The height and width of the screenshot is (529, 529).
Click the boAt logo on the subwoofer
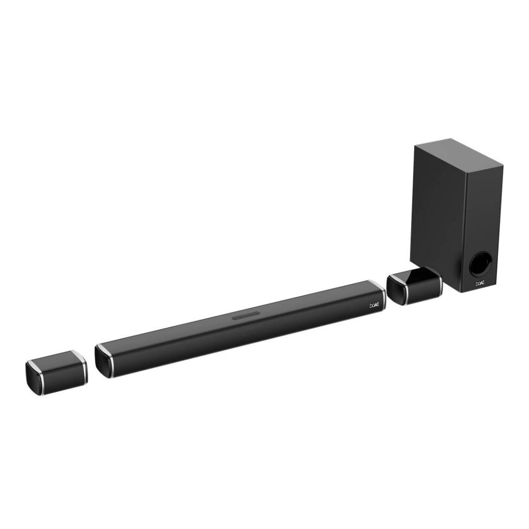pos(480,284)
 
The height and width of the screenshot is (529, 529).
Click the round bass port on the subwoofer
pos(481,264)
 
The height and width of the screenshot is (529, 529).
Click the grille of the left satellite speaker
pos(35,379)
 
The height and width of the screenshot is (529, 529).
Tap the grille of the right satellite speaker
pos(396,291)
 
